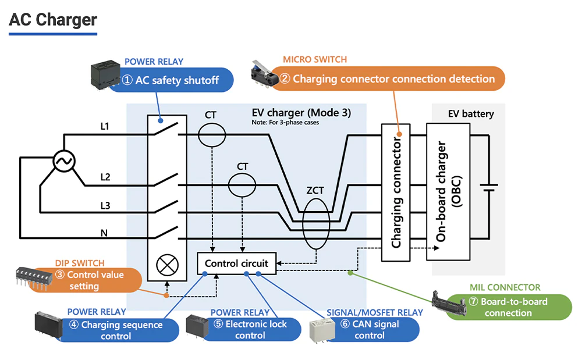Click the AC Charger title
click(x=53, y=20)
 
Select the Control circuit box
click(x=236, y=263)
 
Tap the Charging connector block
click(x=396, y=192)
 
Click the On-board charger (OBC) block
click(x=448, y=192)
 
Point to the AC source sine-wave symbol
click(x=62, y=161)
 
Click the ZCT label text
click(x=314, y=190)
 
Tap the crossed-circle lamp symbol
click(x=168, y=269)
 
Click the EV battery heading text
click(x=471, y=114)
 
